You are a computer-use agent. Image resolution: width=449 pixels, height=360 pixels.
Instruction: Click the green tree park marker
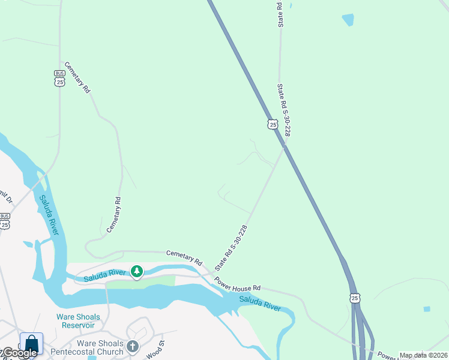point(137,272)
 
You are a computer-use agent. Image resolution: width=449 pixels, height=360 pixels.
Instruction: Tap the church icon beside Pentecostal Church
point(133,346)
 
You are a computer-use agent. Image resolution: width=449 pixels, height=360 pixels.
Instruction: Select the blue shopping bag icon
point(31,344)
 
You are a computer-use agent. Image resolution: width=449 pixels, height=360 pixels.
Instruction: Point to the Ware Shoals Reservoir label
point(78,321)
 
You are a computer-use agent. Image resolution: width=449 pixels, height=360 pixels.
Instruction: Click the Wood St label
point(159,347)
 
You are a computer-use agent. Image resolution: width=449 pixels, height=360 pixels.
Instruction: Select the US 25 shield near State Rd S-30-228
point(273,124)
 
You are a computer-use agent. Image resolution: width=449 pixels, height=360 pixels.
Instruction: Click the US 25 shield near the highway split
point(355,298)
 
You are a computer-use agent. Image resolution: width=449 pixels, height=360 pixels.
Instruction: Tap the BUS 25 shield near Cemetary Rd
point(59,78)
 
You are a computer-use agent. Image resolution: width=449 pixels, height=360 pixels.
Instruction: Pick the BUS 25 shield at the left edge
point(5,221)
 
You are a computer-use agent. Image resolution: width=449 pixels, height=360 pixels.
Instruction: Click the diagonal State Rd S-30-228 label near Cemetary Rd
point(232,247)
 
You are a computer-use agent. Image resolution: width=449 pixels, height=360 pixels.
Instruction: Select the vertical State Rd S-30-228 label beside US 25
point(283,110)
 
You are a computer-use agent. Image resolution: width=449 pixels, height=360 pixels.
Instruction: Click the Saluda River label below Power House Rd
point(260,303)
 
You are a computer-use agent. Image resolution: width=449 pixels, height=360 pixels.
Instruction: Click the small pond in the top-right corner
point(348,20)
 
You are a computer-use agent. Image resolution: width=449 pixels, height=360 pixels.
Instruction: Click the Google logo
point(20,353)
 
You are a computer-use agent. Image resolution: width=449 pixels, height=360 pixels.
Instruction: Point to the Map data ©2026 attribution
point(423,355)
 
